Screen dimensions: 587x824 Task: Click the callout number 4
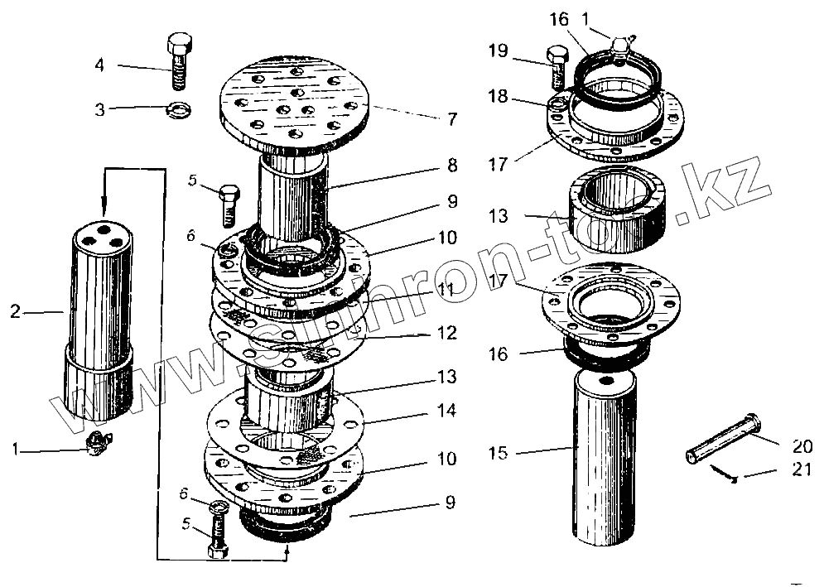tap(99, 65)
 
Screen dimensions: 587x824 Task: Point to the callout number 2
tap(15, 312)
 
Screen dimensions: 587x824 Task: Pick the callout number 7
tap(451, 119)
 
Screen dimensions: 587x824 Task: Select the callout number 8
tap(451, 165)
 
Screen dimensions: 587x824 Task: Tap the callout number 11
tap(448, 290)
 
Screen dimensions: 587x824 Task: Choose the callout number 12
tap(447, 334)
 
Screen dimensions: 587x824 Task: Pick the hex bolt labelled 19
tap(557, 68)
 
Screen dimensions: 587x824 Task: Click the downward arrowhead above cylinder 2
tap(104, 206)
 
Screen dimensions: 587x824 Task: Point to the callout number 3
tap(99, 108)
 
